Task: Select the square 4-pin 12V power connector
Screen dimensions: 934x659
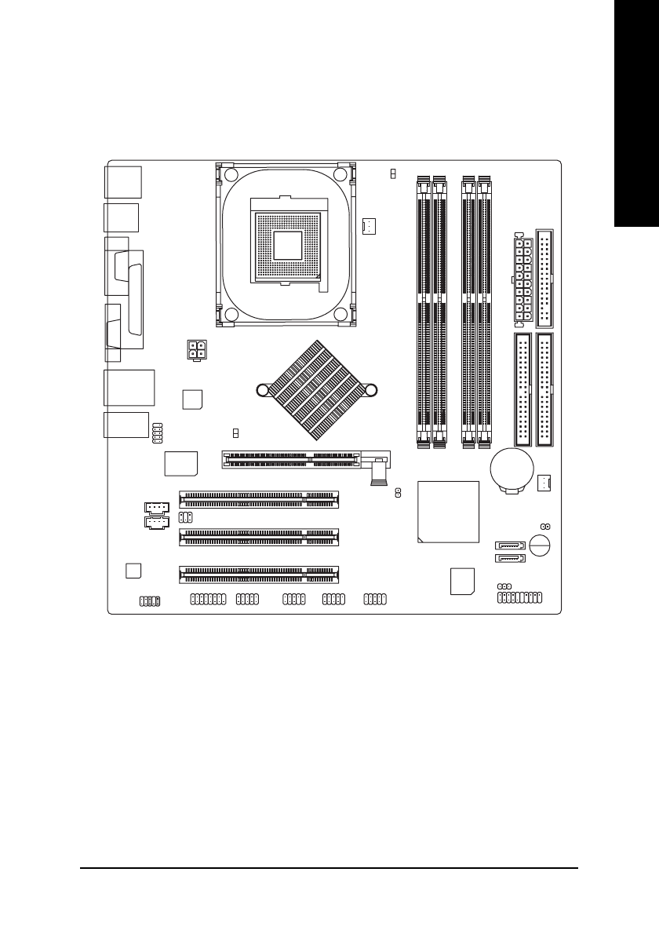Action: [196, 349]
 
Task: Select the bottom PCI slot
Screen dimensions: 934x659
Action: [259, 575]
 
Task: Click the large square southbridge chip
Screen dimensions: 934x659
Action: [448, 512]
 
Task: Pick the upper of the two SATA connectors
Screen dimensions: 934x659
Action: [508, 545]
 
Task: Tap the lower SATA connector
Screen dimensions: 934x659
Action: [508, 559]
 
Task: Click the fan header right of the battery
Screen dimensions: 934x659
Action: [546, 483]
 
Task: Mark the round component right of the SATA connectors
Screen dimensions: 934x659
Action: [541, 545]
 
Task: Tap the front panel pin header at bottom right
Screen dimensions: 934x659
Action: [520, 598]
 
